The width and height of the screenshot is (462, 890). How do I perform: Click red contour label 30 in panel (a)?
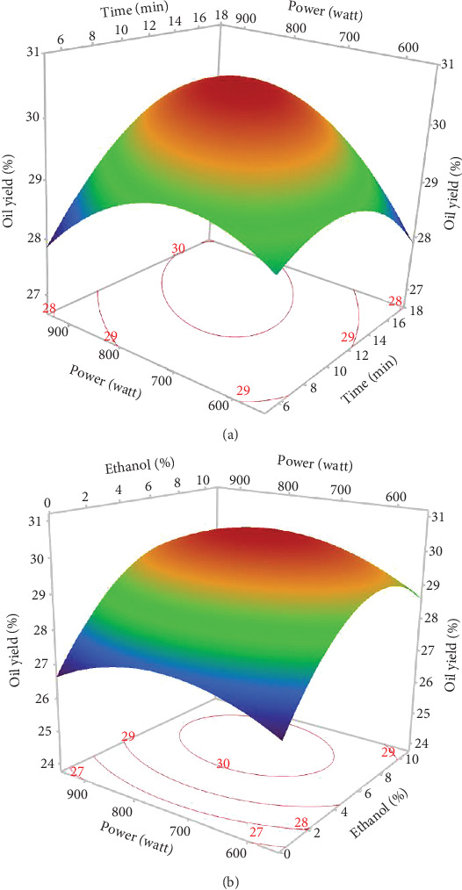point(179,248)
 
